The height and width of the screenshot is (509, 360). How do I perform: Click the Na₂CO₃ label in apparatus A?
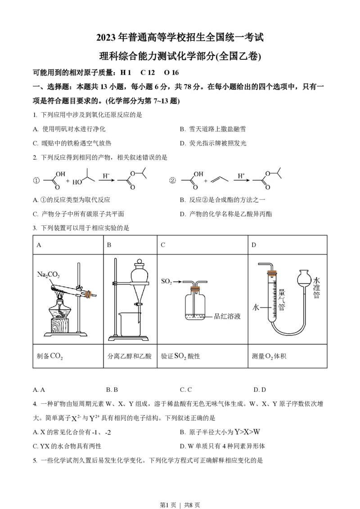pos(48,275)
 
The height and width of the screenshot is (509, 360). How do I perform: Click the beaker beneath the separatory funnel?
pos(130,324)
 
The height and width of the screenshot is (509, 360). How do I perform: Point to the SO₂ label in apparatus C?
pos(166,281)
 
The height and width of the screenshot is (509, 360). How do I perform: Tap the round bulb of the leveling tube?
pos(305,278)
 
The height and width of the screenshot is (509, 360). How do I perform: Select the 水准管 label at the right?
pos(316,288)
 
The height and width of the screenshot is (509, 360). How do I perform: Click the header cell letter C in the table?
pos(163,245)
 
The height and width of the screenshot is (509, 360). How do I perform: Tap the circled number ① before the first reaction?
pos(36,181)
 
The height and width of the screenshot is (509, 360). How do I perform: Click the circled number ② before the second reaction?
pos(172,181)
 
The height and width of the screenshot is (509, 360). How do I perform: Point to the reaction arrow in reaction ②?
pos(241,180)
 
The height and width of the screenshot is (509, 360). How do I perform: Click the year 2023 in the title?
pos(106,38)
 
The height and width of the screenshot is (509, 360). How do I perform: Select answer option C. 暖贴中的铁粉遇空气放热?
pos(72,143)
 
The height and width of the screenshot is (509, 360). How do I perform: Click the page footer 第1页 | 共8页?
pos(180,505)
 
